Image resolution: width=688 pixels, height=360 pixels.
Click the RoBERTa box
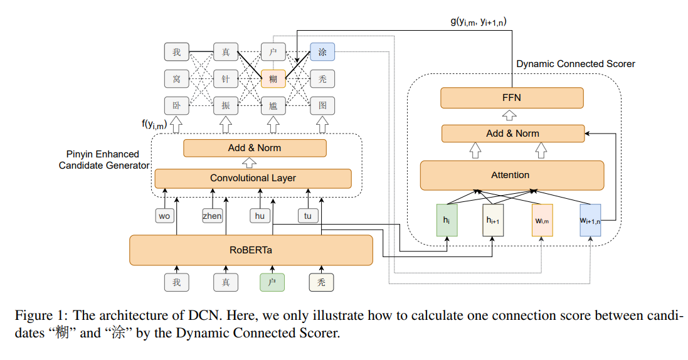pyautogui.click(x=251, y=250)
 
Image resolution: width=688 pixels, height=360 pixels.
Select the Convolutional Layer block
pyautogui.click(x=253, y=178)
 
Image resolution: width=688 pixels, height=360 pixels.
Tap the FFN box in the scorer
pyautogui.click(x=512, y=98)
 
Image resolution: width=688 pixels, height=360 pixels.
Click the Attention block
pyautogui.click(x=512, y=175)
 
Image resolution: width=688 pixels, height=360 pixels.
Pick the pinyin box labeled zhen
pyautogui.click(x=212, y=216)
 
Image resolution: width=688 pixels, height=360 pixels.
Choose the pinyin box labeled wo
pyautogui.click(x=164, y=216)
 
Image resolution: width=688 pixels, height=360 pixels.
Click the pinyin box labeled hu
pyautogui.click(x=260, y=216)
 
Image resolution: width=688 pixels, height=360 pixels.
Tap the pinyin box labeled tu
pyautogui.click(x=307, y=216)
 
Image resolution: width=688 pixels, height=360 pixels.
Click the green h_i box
pyautogui.click(x=447, y=220)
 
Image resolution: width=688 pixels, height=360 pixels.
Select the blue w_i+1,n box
pyautogui.click(x=590, y=220)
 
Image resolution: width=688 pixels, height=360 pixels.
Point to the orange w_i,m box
pyautogui.click(x=542, y=220)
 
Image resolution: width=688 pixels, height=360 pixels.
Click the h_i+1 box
pyautogui.click(x=494, y=220)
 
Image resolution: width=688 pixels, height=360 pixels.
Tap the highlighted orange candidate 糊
pyautogui.click(x=273, y=78)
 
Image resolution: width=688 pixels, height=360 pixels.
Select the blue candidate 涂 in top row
pyautogui.click(x=322, y=52)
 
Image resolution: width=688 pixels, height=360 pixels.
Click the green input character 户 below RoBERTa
pyautogui.click(x=272, y=282)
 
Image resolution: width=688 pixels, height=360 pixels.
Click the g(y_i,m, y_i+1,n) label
pyautogui.click(x=479, y=22)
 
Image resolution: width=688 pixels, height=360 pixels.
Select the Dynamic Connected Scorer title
pyautogui.click(x=575, y=64)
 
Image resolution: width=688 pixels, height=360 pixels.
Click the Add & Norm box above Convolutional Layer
pyautogui.click(x=255, y=148)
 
